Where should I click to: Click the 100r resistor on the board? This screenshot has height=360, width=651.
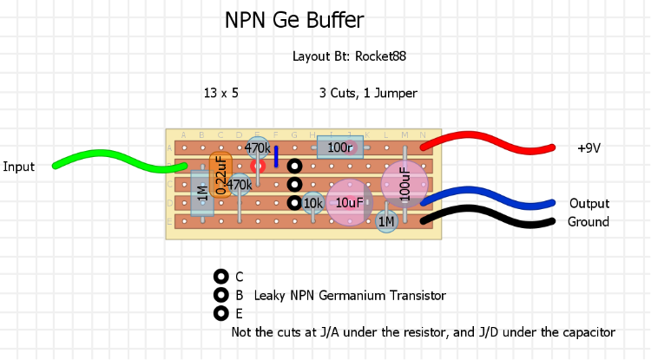point(340,147)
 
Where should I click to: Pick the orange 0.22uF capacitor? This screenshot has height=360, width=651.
point(220,174)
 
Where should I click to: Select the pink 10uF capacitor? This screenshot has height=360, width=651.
point(349,202)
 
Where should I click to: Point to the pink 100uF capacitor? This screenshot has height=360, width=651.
point(404,184)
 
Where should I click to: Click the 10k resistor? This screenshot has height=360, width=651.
point(312,204)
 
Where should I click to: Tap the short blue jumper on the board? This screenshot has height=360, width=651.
point(276,156)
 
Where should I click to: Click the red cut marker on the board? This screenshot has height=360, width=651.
point(258,165)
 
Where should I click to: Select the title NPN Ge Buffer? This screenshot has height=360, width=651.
point(294,21)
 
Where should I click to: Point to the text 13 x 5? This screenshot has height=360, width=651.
point(221,93)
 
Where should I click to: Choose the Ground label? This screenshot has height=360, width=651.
point(589,222)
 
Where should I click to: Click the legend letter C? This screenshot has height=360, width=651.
point(240,278)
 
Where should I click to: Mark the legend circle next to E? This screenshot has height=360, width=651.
point(220,313)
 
